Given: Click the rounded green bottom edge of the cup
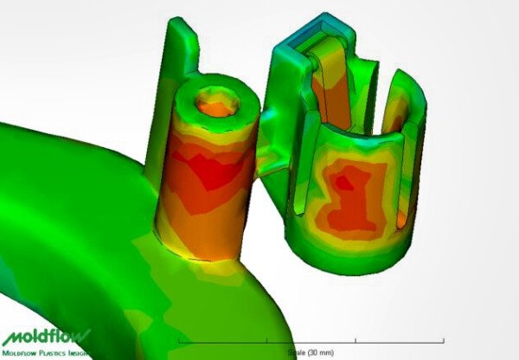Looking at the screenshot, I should pos(355,260).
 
